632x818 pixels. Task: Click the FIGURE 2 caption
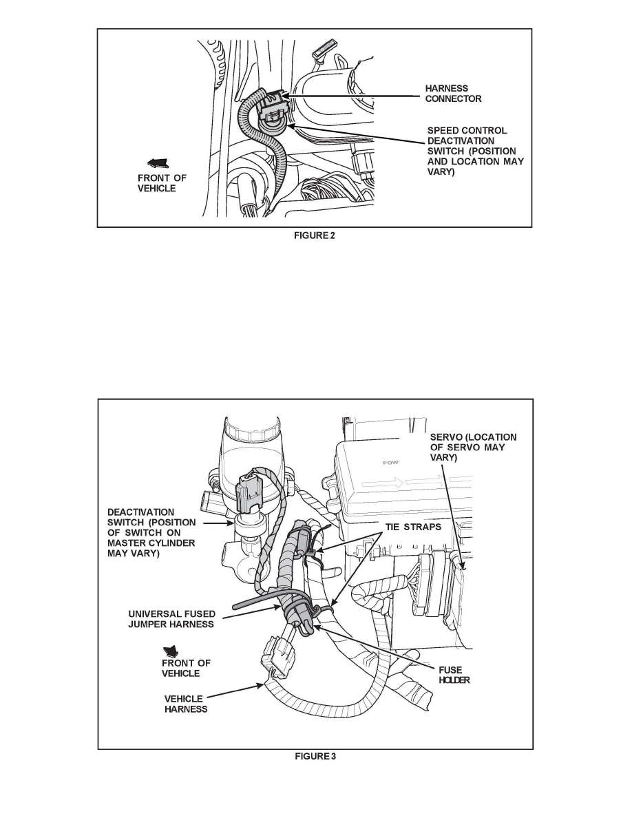315,235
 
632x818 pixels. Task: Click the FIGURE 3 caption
315,757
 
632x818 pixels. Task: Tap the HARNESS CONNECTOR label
453,94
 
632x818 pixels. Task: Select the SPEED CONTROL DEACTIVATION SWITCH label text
476,151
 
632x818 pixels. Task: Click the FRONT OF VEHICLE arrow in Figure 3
171,651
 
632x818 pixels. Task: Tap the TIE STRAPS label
414,527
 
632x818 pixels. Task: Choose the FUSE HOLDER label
454,675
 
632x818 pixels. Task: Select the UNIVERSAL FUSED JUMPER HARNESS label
171,619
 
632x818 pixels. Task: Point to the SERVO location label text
473,447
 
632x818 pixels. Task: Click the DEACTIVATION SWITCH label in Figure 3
151,533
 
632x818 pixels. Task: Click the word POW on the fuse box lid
390,462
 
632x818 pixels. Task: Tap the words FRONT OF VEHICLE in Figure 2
162,183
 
